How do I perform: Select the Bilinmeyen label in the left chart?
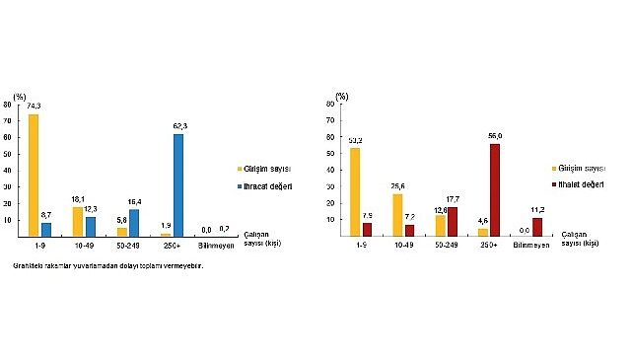(216, 246)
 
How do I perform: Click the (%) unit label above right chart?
(341, 96)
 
